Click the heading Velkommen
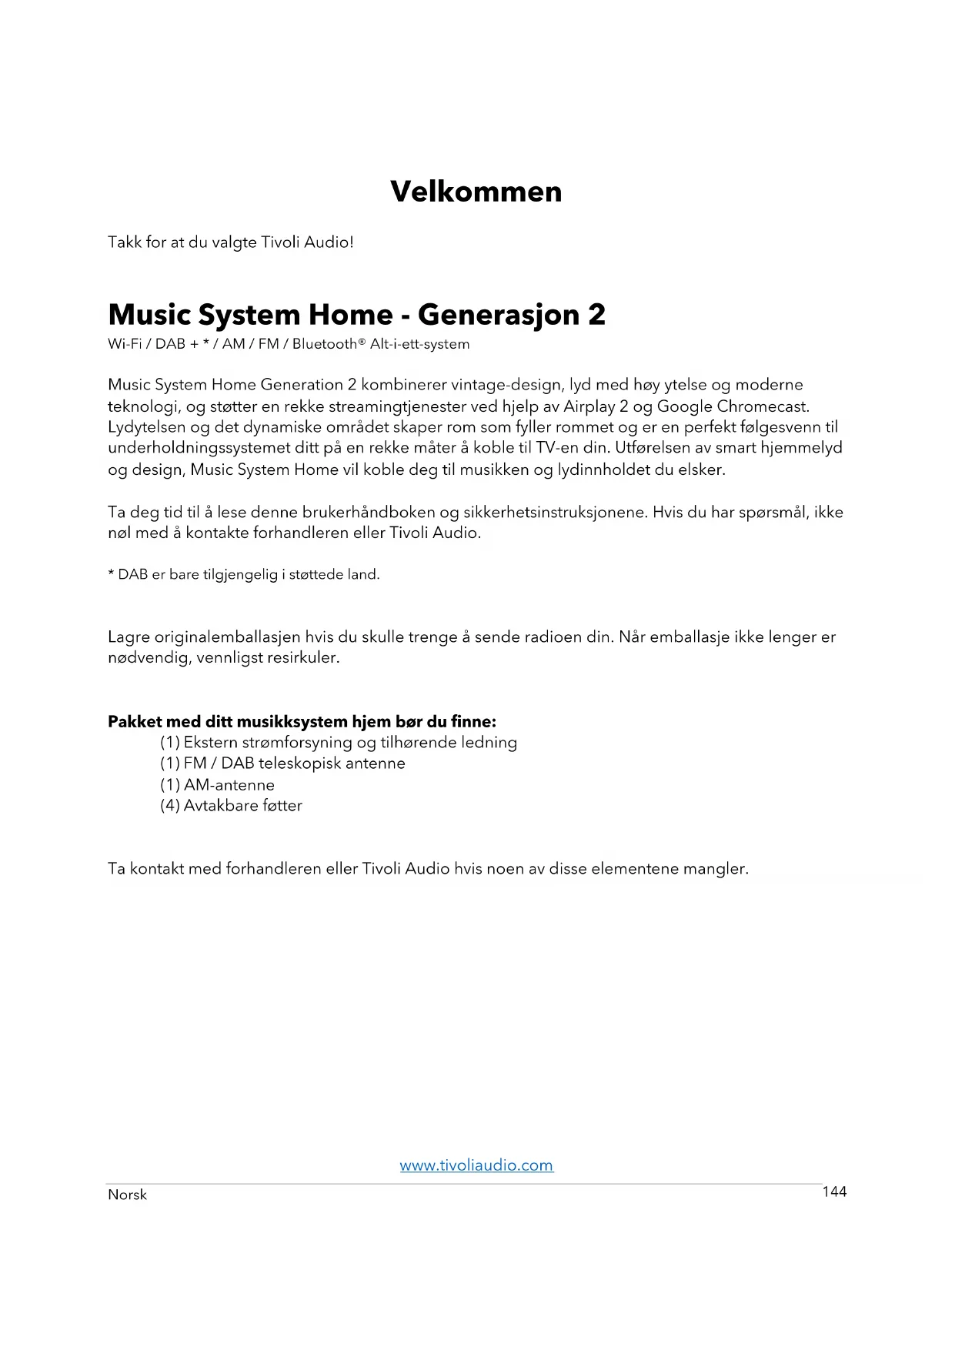(x=476, y=192)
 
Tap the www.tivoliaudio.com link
(x=476, y=1165)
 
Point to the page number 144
(x=834, y=1191)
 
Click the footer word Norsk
(x=127, y=1195)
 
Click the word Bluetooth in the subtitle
(x=325, y=344)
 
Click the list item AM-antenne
(x=229, y=785)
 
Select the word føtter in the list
(x=282, y=806)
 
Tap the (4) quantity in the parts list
(x=169, y=806)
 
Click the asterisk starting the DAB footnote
(x=111, y=573)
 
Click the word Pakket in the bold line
(x=135, y=722)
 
